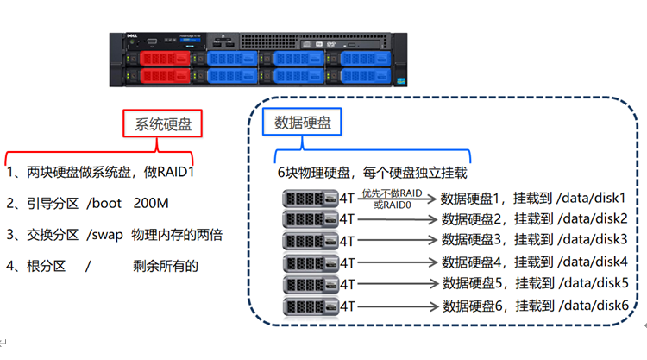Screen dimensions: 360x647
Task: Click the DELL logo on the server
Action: coord(122,40)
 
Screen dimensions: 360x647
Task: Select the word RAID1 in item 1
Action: coord(176,172)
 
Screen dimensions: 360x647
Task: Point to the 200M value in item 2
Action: coord(152,204)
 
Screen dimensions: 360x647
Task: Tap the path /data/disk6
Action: coord(594,305)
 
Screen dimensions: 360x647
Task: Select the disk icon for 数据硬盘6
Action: coord(311,305)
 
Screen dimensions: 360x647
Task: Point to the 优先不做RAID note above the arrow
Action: coord(393,193)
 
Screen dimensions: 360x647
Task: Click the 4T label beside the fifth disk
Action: coord(348,283)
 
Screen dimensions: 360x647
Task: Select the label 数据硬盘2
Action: coord(473,218)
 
